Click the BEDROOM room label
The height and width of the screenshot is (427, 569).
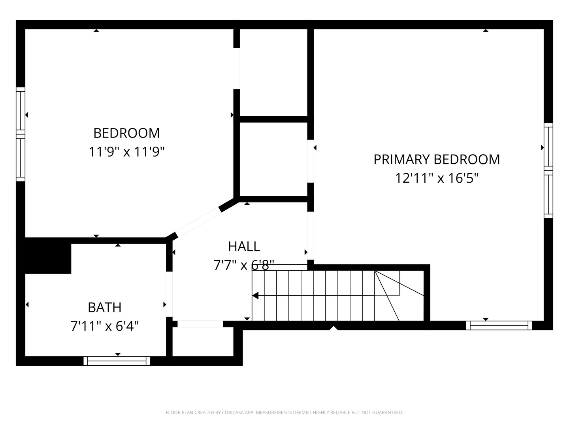tap(126, 133)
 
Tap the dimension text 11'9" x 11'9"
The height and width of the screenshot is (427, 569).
tap(126, 151)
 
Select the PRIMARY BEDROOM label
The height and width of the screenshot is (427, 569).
tap(437, 159)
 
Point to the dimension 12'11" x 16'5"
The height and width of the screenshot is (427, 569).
tap(437, 178)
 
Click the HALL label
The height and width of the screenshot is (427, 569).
tap(244, 246)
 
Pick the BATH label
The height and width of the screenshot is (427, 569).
tap(104, 307)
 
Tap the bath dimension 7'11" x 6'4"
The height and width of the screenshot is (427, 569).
tap(104, 326)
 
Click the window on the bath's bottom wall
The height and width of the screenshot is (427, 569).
tap(117, 361)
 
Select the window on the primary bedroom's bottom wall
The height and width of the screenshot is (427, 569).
tap(499, 325)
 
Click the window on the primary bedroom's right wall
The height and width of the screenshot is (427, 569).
tap(548, 170)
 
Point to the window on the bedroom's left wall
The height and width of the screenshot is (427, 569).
tap(21, 134)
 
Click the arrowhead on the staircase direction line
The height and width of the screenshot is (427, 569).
tap(255, 295)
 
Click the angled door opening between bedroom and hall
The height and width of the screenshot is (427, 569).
tap(198, 222)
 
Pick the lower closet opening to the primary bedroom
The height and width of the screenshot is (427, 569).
tap(273, 159)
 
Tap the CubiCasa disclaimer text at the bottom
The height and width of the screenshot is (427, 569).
tap(284, 412)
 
